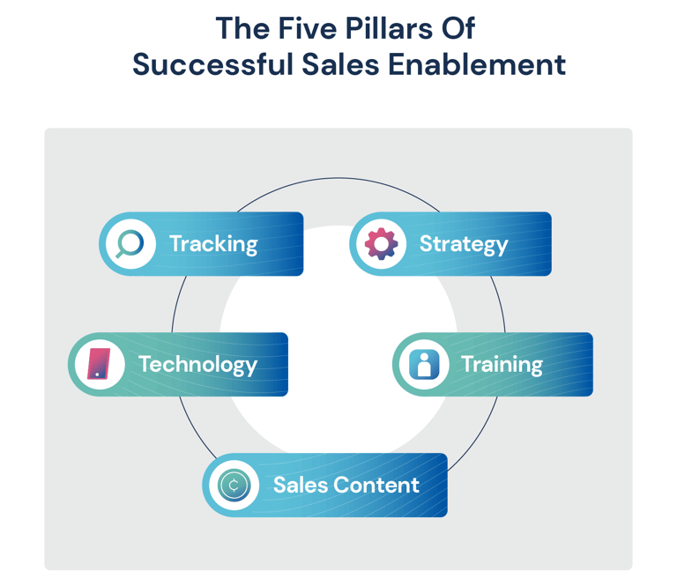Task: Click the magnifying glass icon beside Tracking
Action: pos(129,243)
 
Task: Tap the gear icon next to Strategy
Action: pos(380,243)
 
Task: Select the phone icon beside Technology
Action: pos(98,364)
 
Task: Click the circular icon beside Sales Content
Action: pos(234,485)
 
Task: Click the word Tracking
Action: pos(213,244)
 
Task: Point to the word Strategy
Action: pos(464,244)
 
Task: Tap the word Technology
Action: pos(197,364)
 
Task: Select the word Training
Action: pos(502,364)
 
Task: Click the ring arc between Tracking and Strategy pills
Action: pos(338,179)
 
